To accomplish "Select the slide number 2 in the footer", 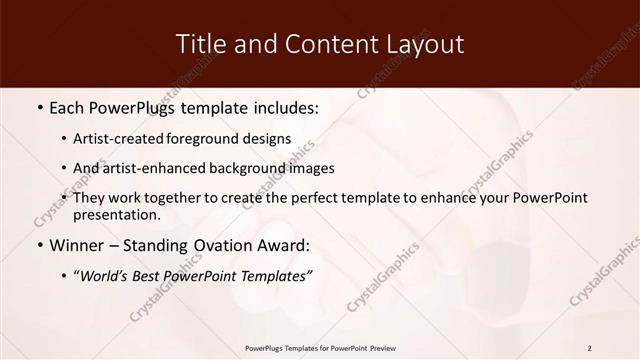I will (x=590, y=348).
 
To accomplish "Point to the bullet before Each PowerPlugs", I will (x=39, y=106).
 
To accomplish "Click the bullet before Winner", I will (x=39, y=245).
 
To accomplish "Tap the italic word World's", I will (x=108, y=276).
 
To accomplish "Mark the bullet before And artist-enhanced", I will (x=64, y=169).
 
